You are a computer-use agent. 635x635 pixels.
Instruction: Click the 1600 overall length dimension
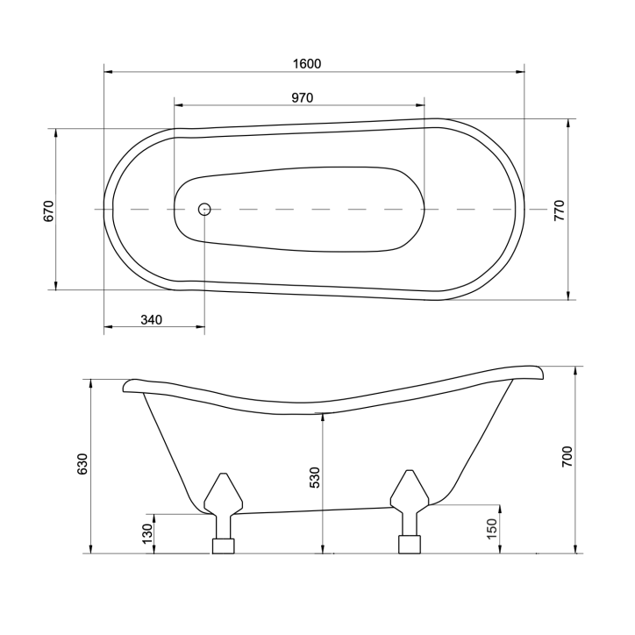(307, 63)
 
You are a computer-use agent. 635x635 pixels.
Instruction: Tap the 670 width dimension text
(49, 210)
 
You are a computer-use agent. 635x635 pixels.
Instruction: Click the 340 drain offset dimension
(152, 320)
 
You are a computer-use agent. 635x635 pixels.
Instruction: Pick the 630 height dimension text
(82, 465)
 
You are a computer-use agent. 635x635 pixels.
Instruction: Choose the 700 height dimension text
(567, 457)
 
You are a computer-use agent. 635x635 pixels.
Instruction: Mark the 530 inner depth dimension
(315, 477)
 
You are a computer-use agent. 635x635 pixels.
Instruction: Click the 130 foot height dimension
(147, 532)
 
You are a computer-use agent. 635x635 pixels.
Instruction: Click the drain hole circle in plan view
(204, 209)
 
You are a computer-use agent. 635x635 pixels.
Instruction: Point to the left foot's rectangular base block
(224, 546)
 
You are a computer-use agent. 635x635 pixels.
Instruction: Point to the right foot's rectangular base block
(410, 545)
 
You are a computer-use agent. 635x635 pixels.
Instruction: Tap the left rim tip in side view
(129, 384)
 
